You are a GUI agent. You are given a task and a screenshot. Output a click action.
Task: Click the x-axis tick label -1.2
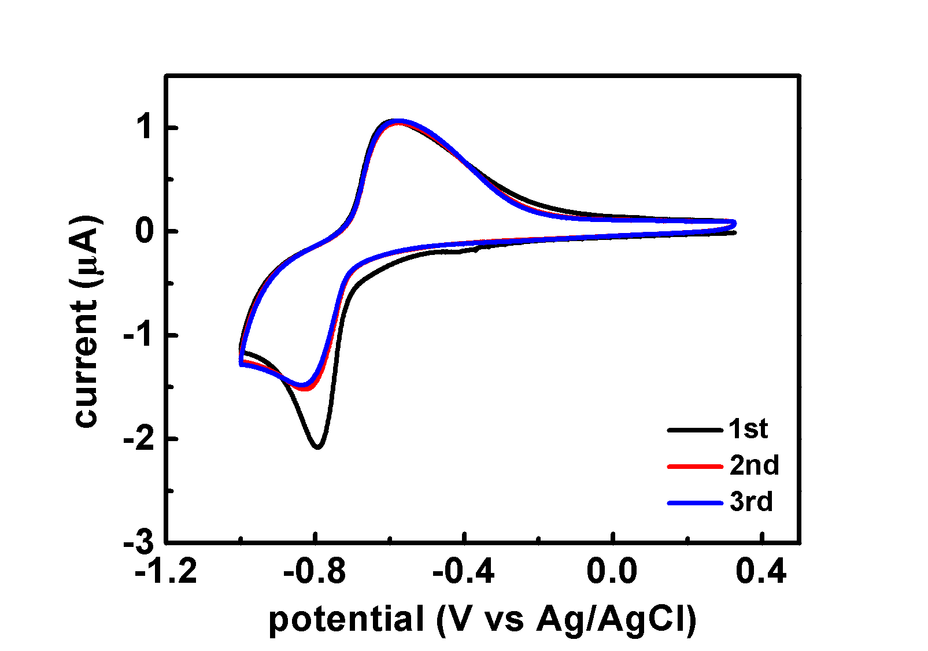(x=166, y=572)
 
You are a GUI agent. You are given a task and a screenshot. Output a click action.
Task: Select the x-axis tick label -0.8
(x=315, y=572)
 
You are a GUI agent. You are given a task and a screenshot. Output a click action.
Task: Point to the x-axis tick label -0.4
(x=464, y=572)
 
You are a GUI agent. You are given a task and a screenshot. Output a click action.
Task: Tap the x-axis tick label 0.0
(x=612, y=572)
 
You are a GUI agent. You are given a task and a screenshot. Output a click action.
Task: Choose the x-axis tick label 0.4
(x=761, y=572)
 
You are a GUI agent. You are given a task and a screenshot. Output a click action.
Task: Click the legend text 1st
(x=748, y=429)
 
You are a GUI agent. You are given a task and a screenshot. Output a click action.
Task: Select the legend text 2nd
(x=754, y=465)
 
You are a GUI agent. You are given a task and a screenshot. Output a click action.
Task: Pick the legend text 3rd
(x=751, y=502)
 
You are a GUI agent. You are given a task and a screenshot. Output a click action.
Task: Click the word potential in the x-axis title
(x=346, y=620)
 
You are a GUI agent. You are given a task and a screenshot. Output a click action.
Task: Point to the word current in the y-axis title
(x=86, y=365)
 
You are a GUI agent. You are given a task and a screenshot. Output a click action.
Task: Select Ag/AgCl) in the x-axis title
(x=616, y=620)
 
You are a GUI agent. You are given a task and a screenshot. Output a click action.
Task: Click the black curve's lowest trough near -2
(x=317, y=446)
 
